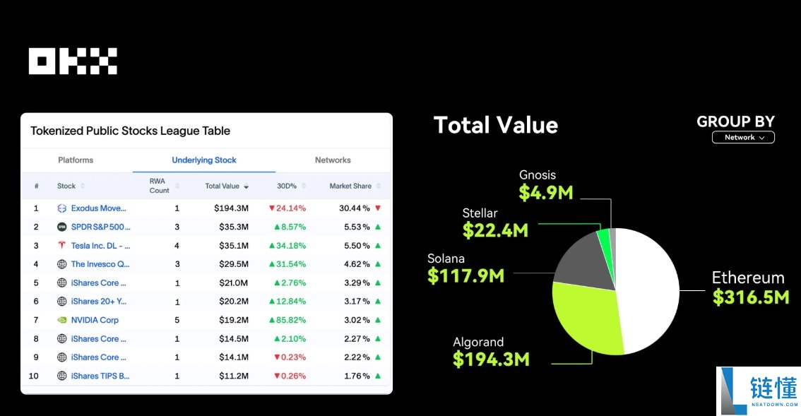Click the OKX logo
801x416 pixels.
click(x=73, y=61)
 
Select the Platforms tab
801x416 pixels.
click(x=76, y=160)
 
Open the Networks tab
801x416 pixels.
click(x=333, y=160)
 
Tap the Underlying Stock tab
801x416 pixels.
click(x=204, y=160)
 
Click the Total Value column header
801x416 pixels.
click(x=222, y=186)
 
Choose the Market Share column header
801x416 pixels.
click(x=350, y=186)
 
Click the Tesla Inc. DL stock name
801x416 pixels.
click(x=100, y=246)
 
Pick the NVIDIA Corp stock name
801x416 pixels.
click(x=95, y=320)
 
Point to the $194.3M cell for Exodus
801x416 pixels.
click(x=231, y=208)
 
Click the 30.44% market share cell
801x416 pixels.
click(x=355, y=208)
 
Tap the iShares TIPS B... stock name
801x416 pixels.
click(x=100, y=376)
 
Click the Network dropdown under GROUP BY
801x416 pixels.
click(x=743, y=138)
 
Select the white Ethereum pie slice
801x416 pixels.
click(x=650, y=290)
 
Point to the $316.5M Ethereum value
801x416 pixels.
click(x=750, y=297)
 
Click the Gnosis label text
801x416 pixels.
click(x=538, y=175)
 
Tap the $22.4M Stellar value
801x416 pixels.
click(x=495, y=230)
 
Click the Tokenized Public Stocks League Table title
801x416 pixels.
click(x=131, y=131)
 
